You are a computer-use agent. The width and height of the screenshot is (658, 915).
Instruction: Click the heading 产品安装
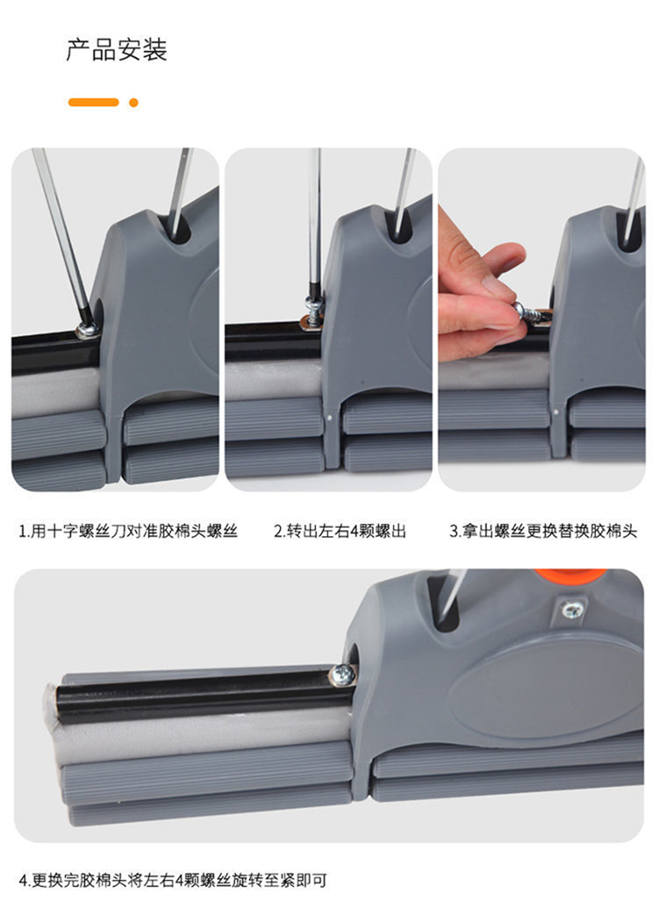(x=117, y=50)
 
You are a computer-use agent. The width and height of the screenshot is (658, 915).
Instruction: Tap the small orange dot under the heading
(x=133, y=103)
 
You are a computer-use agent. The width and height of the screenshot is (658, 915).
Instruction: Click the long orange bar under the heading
(x=93, y=102)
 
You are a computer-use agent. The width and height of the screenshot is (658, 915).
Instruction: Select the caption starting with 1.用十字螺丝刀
(x=128, y=531)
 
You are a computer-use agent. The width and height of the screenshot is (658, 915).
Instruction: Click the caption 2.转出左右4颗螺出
(x=340, y=531)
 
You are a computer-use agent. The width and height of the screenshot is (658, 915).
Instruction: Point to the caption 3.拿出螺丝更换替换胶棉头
(x=543, y=531)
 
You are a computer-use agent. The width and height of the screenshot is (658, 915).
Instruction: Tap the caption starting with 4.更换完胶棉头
(x=173, y=880)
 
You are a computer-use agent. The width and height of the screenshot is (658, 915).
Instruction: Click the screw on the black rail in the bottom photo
(x=342, y=676)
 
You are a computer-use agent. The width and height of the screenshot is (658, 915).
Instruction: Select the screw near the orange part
(x=572, y=611)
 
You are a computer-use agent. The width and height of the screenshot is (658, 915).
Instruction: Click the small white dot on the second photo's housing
(x=331, y=418)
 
